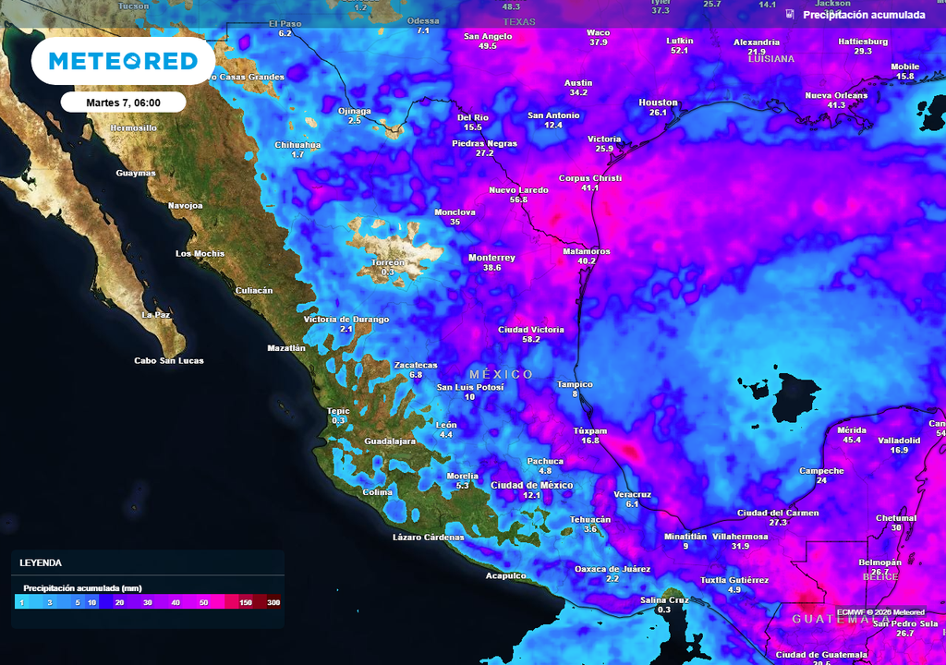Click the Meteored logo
click(123, 61)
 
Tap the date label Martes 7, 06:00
click(123, 102)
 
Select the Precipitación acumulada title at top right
click(864, 15)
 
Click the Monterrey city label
click(491, 258)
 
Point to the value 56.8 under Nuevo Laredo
click(518, 199)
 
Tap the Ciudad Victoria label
click(530, 330)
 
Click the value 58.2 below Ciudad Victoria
click(531, 340)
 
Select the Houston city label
click(658, 103)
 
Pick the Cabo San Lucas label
click(169, 361)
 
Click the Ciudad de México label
click(531, 485)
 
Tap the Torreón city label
click(387, 262)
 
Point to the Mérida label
click(851, 430)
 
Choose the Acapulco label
click(505, 576)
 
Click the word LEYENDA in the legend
click(41, 562)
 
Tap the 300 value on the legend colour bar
click(273, 602)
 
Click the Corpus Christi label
click(590, 178)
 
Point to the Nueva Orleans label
click(836, 95)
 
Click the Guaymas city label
click(136, 174)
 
